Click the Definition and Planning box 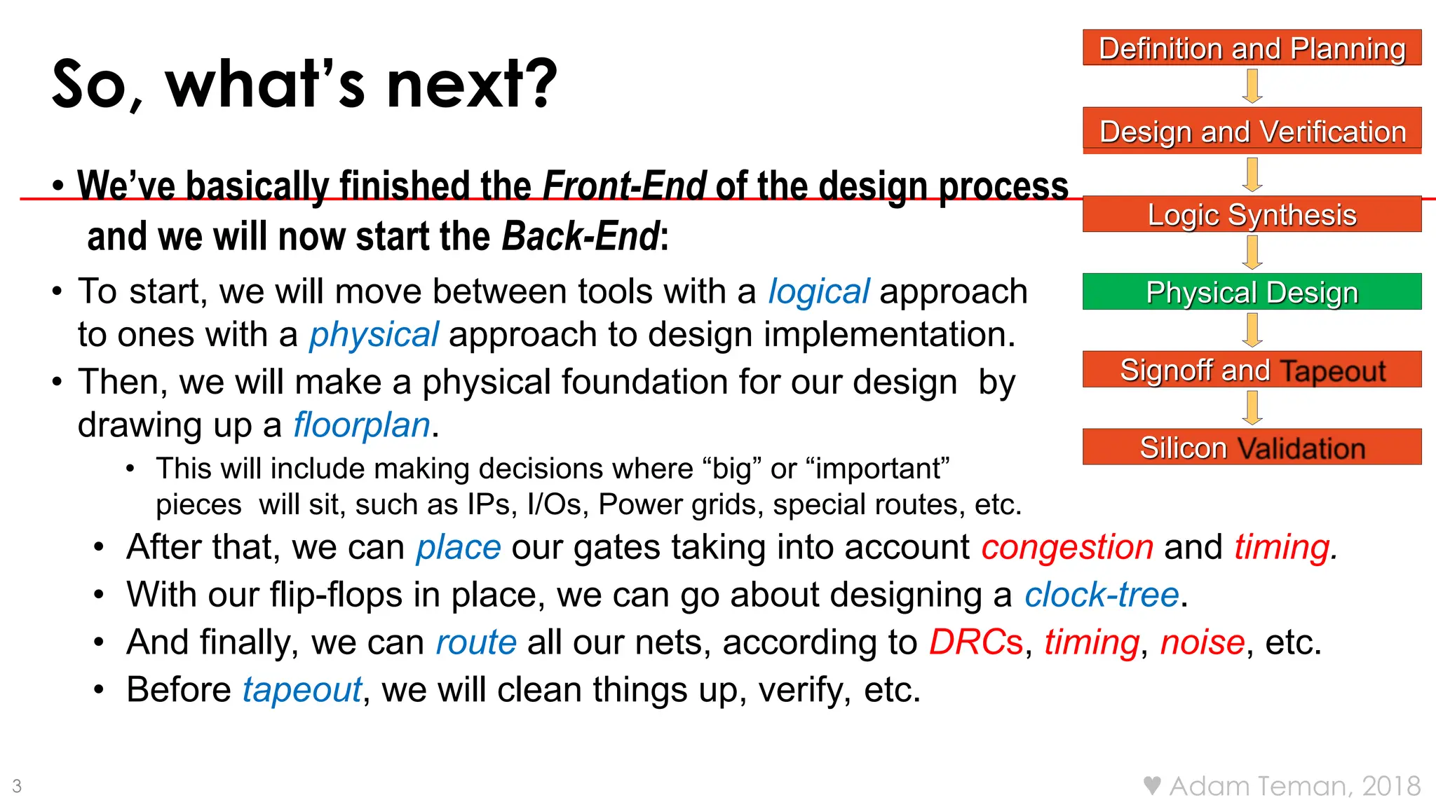coord(1252,48)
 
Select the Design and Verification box coord(1252,131)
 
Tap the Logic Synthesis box coord(1252,214)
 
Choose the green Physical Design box coord(1252,291)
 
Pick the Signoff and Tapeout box coord(1252,369)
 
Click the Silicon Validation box coord(1252,447)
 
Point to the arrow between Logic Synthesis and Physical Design coord(1252,253)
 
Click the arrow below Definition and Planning coord(1252,86)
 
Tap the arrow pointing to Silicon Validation coord(1252,408)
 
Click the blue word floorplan coord(361,425)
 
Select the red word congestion coord(1066,547)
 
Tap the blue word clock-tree coord(1102,595)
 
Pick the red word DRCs coord(975,642)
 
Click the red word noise coord(1202,642)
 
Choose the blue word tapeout coord(302,690)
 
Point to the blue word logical coord(818,292)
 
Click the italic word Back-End coord(581,236)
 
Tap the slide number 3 coord(17,786)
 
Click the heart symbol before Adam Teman coord(1151,785)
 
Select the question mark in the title coord(544,84)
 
